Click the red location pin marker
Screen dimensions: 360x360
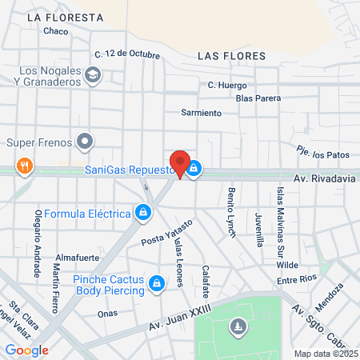(180, 163)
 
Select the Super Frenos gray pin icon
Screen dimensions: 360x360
(86, 143)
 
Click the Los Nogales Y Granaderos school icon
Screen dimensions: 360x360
(94, 74)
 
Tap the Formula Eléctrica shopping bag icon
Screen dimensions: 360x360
(142, 213)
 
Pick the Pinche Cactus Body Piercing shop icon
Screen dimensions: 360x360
(158, 282)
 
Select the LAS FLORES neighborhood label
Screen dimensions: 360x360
(226, 57)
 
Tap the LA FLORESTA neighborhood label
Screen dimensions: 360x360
(65, 17)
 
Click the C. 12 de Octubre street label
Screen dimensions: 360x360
(127, 54)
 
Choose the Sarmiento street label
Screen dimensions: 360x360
(201, 113)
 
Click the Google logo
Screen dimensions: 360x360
(26, 350)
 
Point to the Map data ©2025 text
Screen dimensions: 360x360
(323, 354)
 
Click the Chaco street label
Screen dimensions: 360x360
(56, 31)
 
